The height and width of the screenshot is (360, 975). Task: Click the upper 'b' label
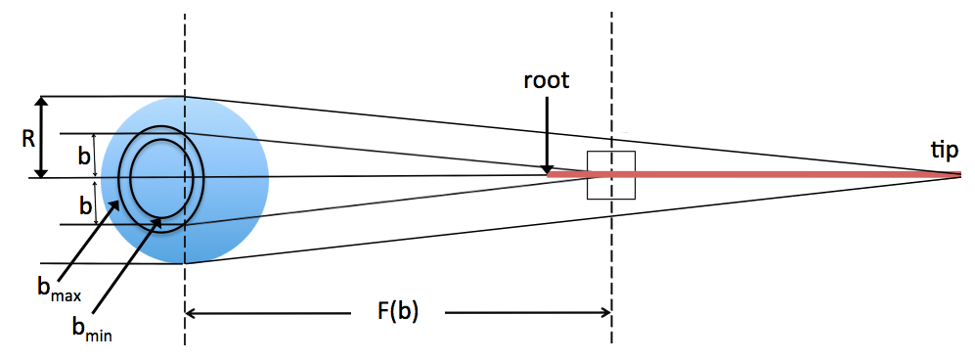(x=85, y=154)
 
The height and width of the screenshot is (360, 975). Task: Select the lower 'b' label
(x=85, y=206)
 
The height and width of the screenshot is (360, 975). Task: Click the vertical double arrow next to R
(x=41, y=137)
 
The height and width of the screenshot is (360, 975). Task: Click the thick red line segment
(x=763, y=175)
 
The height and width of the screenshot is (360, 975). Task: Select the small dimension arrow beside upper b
(x=95, y=155)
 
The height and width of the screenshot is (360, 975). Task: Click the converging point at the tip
(x=961, y=175)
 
